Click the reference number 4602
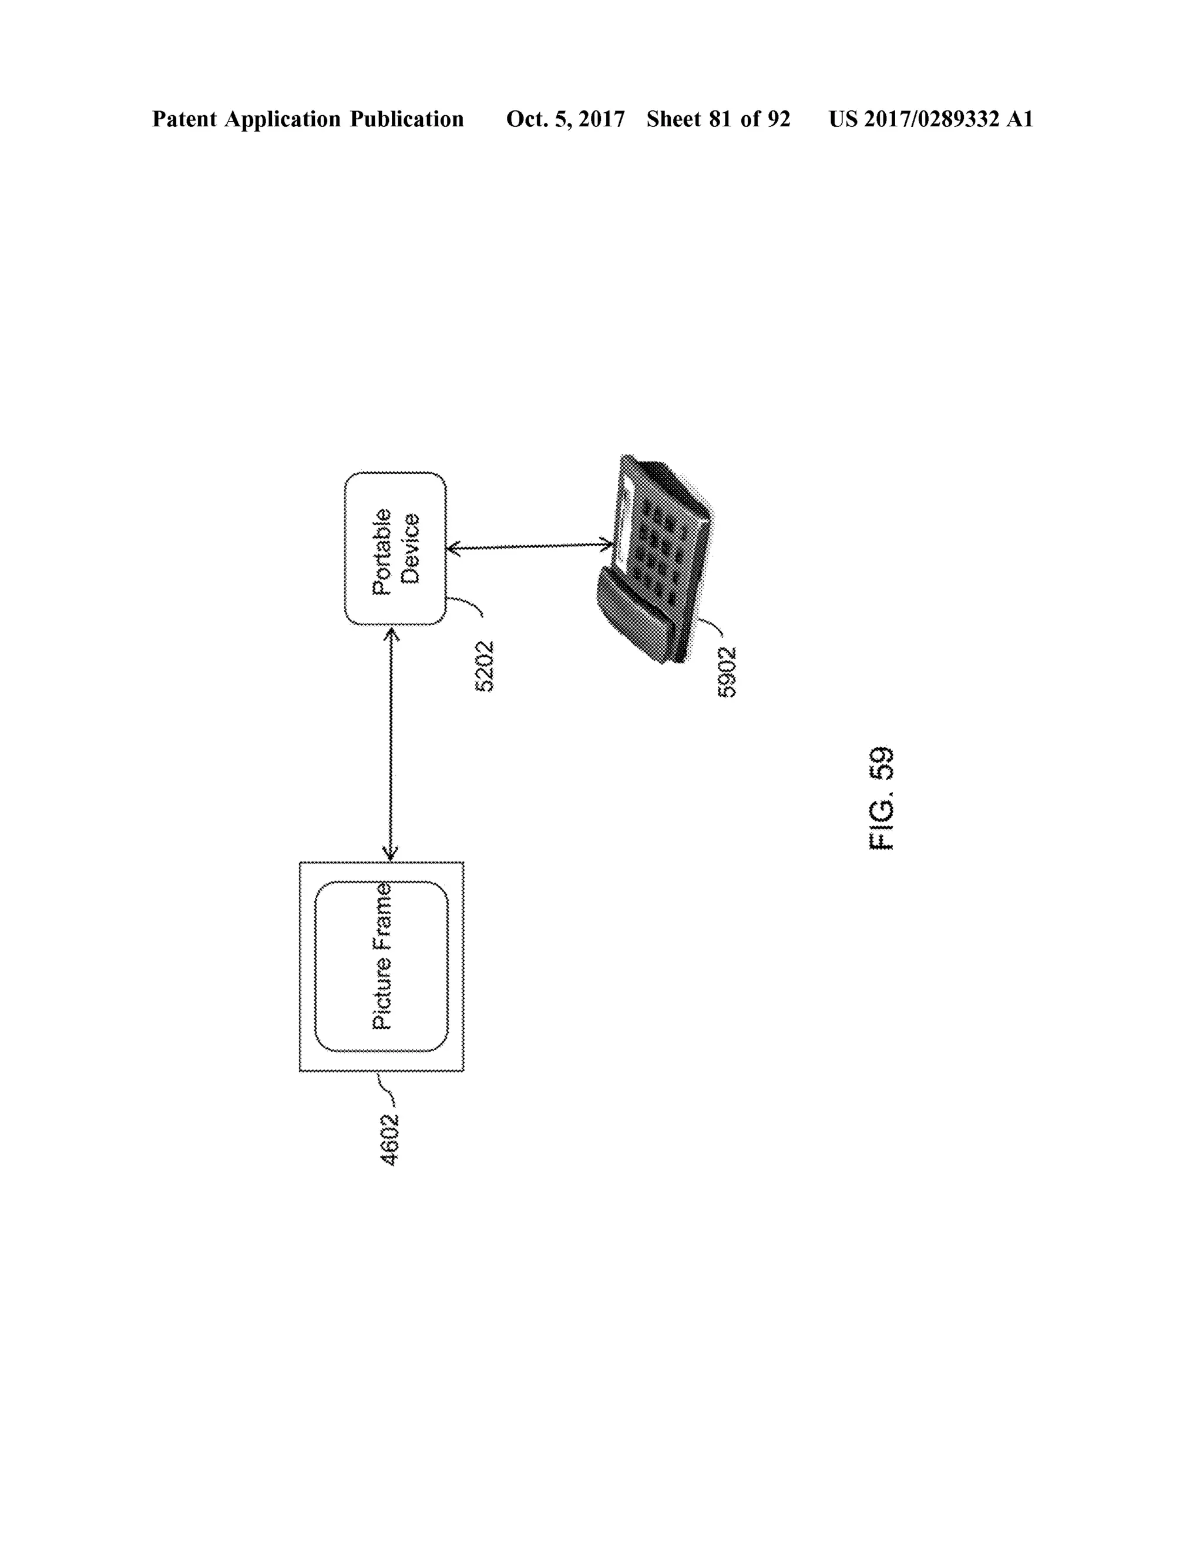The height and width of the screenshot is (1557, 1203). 389,1139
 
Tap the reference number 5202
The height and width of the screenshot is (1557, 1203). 484,667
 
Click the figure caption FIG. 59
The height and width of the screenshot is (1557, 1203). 882,798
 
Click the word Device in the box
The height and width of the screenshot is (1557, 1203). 411,549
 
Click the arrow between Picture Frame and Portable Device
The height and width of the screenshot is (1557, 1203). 391,744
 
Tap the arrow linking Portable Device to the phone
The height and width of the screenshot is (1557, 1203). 529,548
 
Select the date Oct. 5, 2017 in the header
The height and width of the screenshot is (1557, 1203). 565,119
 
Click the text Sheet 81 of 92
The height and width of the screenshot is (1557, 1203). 718,119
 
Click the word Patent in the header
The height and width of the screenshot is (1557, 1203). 184,119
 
